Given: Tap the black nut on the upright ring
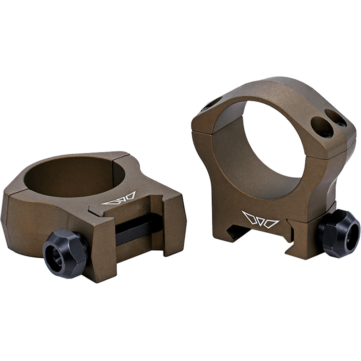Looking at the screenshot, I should coord(339,233).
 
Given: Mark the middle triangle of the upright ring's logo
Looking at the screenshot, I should coord(260,220).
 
